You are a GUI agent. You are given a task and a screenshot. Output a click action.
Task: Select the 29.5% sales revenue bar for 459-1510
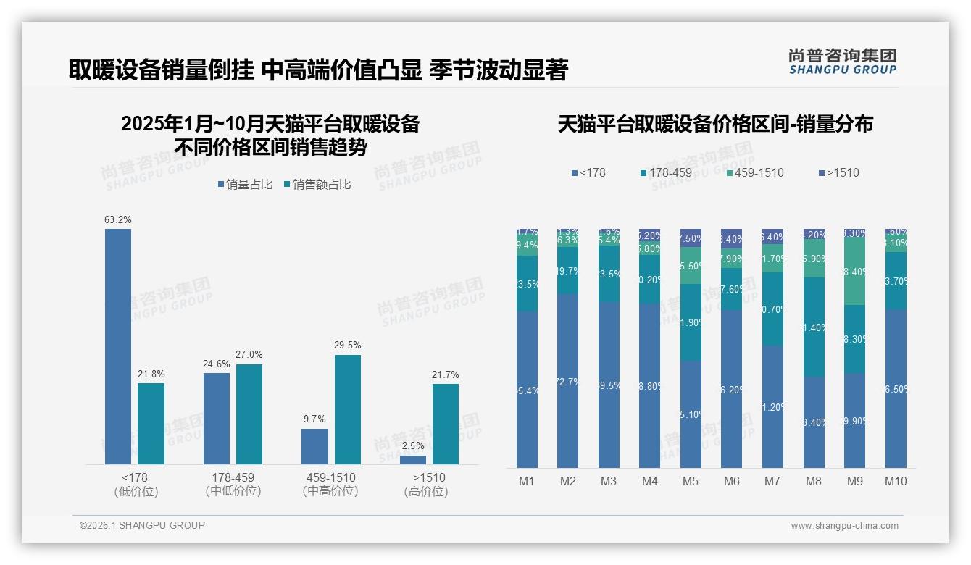click(347, 409)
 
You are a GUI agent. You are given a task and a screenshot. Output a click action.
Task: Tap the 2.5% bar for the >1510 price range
click(413, 459)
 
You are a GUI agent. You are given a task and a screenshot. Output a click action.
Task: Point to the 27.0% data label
click(249, 355)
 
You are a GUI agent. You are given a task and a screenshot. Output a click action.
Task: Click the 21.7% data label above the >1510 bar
click(446, 374)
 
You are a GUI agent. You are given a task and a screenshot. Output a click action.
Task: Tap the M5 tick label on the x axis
click(691, 481)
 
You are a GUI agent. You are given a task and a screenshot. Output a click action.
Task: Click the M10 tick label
click(896, 481)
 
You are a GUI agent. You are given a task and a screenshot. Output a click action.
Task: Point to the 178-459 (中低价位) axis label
click(233, 484)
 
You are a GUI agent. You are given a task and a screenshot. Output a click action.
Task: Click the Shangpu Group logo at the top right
click(843, 61)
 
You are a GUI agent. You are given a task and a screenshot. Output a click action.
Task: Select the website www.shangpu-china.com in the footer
click(844, 526)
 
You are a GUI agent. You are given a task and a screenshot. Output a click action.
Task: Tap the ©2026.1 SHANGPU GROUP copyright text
click(142, 525)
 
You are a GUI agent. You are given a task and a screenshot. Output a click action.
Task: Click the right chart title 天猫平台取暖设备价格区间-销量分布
click(715, 124)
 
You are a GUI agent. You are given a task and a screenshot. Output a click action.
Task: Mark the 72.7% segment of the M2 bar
click(568, 381)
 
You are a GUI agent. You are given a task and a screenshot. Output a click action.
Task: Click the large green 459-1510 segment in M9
click(855, 272)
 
